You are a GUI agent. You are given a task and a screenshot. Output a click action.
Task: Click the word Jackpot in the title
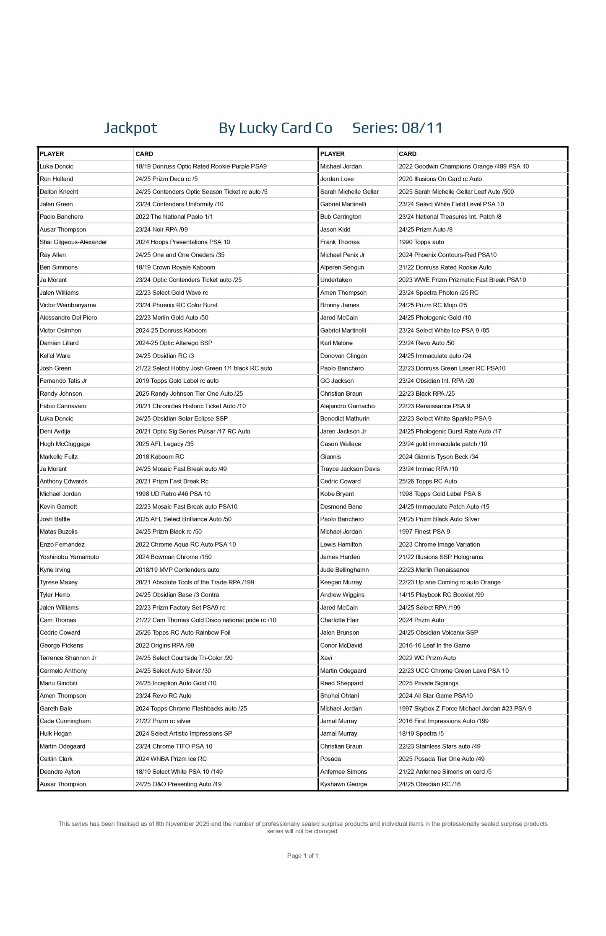point(130,128)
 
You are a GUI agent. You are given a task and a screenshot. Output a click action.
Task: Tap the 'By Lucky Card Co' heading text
point(275,128)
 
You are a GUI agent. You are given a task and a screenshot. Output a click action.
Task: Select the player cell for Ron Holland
point(57,179)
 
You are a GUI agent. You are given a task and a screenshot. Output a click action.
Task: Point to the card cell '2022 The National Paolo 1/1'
point(174,217)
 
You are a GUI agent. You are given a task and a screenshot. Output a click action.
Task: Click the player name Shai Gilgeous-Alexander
point(73,242)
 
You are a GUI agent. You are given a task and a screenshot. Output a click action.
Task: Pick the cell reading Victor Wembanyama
point(68,305)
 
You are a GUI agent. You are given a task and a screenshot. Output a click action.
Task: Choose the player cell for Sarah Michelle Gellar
point(349,192)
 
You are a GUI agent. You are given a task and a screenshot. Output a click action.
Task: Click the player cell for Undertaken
point(336,280)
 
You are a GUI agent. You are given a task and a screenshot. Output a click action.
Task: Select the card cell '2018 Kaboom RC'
point(160,456)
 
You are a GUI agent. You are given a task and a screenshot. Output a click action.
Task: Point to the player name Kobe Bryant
point(337,494)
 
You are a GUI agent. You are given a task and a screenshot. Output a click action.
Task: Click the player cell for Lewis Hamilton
point(341,544)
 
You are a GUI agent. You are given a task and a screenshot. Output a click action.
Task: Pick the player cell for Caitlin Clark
point(56,759)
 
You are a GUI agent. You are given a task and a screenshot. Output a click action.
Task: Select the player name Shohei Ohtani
point(340,695)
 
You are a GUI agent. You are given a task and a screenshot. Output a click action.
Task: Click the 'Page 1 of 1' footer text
point(303,856)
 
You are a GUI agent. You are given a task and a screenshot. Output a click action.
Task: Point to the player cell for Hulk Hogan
point(56,734)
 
